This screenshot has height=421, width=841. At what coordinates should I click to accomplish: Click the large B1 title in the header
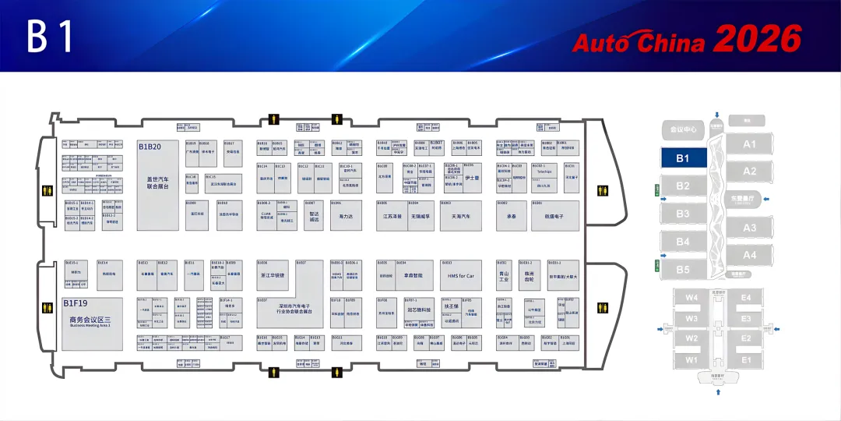coord(51,37)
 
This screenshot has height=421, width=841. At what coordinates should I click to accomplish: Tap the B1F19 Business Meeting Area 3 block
coord(91,321)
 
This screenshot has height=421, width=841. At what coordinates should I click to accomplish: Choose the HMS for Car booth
coord(460,275)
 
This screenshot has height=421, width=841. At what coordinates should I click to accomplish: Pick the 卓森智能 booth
coord(412,275)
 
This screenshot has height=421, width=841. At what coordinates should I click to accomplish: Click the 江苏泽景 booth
coord(392,215)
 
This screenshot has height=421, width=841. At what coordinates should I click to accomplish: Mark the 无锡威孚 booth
coord(421,215)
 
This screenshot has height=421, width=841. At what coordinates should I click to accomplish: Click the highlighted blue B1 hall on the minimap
coord(683,158)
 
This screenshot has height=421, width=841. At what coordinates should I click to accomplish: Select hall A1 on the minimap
coord(749,144)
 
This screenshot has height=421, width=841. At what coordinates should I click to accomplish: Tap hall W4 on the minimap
coord(691,297)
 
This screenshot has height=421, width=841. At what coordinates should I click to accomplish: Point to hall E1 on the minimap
coord(746,359)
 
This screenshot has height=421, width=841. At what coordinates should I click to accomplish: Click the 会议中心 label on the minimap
coord(683,129)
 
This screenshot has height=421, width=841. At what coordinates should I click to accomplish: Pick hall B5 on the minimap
coord(683,270)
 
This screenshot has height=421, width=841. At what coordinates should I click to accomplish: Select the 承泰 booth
coord(512,215)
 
